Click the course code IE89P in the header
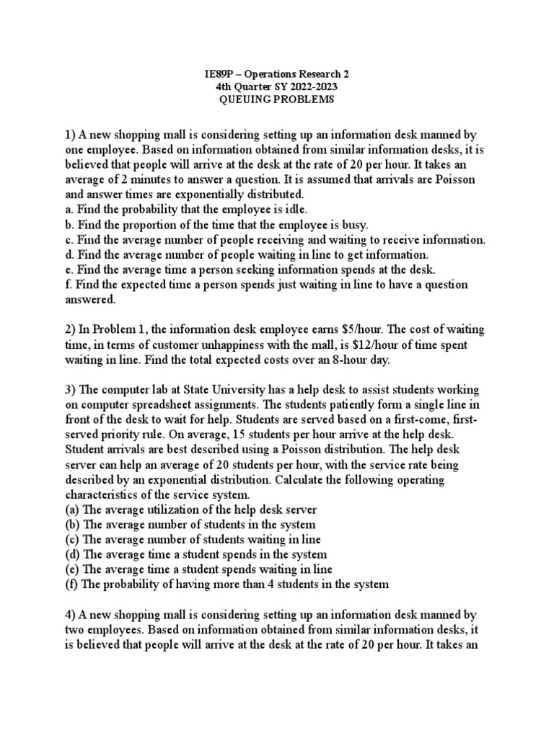(x=214, y=74)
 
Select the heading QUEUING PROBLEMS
(x=277, y=101)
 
